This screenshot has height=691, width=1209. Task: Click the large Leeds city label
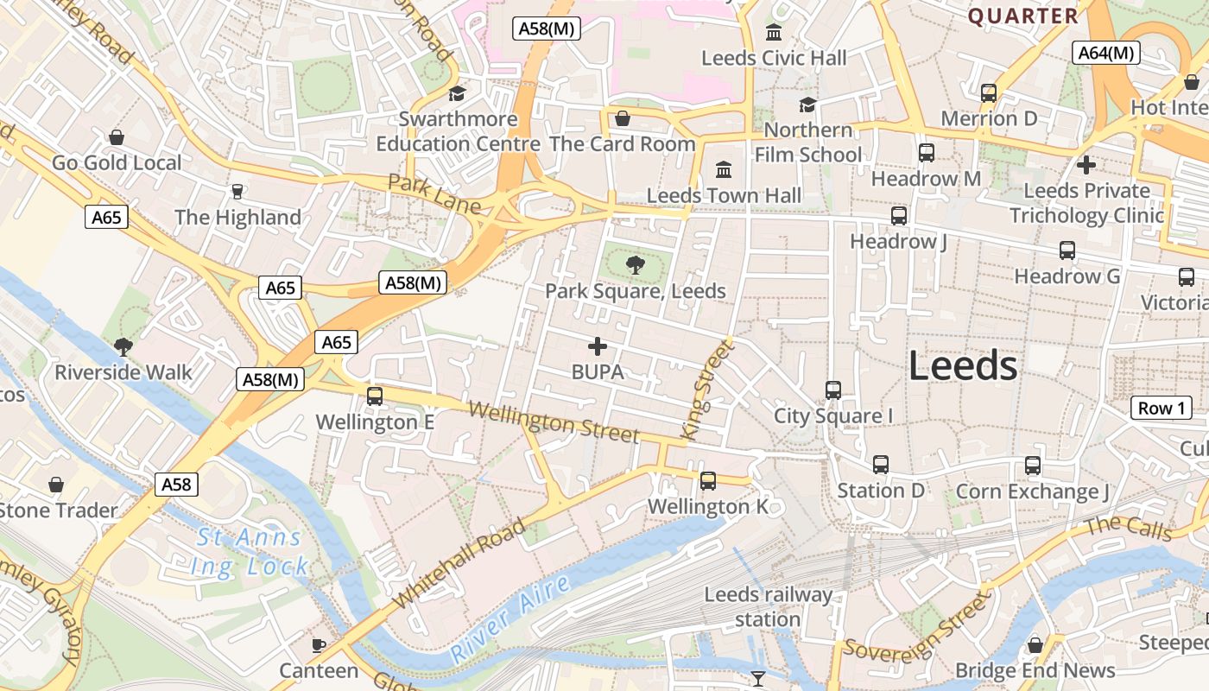[x=963, y=366]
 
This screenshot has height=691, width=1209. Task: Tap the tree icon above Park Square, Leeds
[x=636, y=264]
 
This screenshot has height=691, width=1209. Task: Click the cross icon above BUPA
[x=597, y=346]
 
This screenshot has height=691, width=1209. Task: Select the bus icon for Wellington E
[x=375, y=396]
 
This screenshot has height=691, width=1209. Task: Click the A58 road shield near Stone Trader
[x=177, y=484]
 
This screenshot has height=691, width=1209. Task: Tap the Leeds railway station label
[x=768, y=606]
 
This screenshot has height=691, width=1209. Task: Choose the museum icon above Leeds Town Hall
[x=724, y=168]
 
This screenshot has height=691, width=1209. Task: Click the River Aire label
[x=511, y=619]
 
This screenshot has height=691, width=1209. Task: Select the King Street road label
[x=706, y=390]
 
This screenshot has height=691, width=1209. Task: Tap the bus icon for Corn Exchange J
[x=1033, y=466]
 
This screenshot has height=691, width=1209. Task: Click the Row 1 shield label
[x=1161, y=408]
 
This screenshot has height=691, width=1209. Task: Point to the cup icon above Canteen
[x=319, y=644]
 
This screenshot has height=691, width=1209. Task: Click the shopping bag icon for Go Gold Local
[x=117, y=136]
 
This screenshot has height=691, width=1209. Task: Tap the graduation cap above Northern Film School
[x=807, y=105]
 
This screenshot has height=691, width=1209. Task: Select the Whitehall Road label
[x=459, y=563]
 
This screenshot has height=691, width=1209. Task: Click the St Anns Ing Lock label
[x=250, y=553]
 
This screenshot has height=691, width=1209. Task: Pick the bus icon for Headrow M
[x=926, y=153]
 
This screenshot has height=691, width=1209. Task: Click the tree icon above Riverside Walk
[x=123, y=346]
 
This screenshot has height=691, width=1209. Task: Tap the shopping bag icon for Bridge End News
[x=1035, y=645]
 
